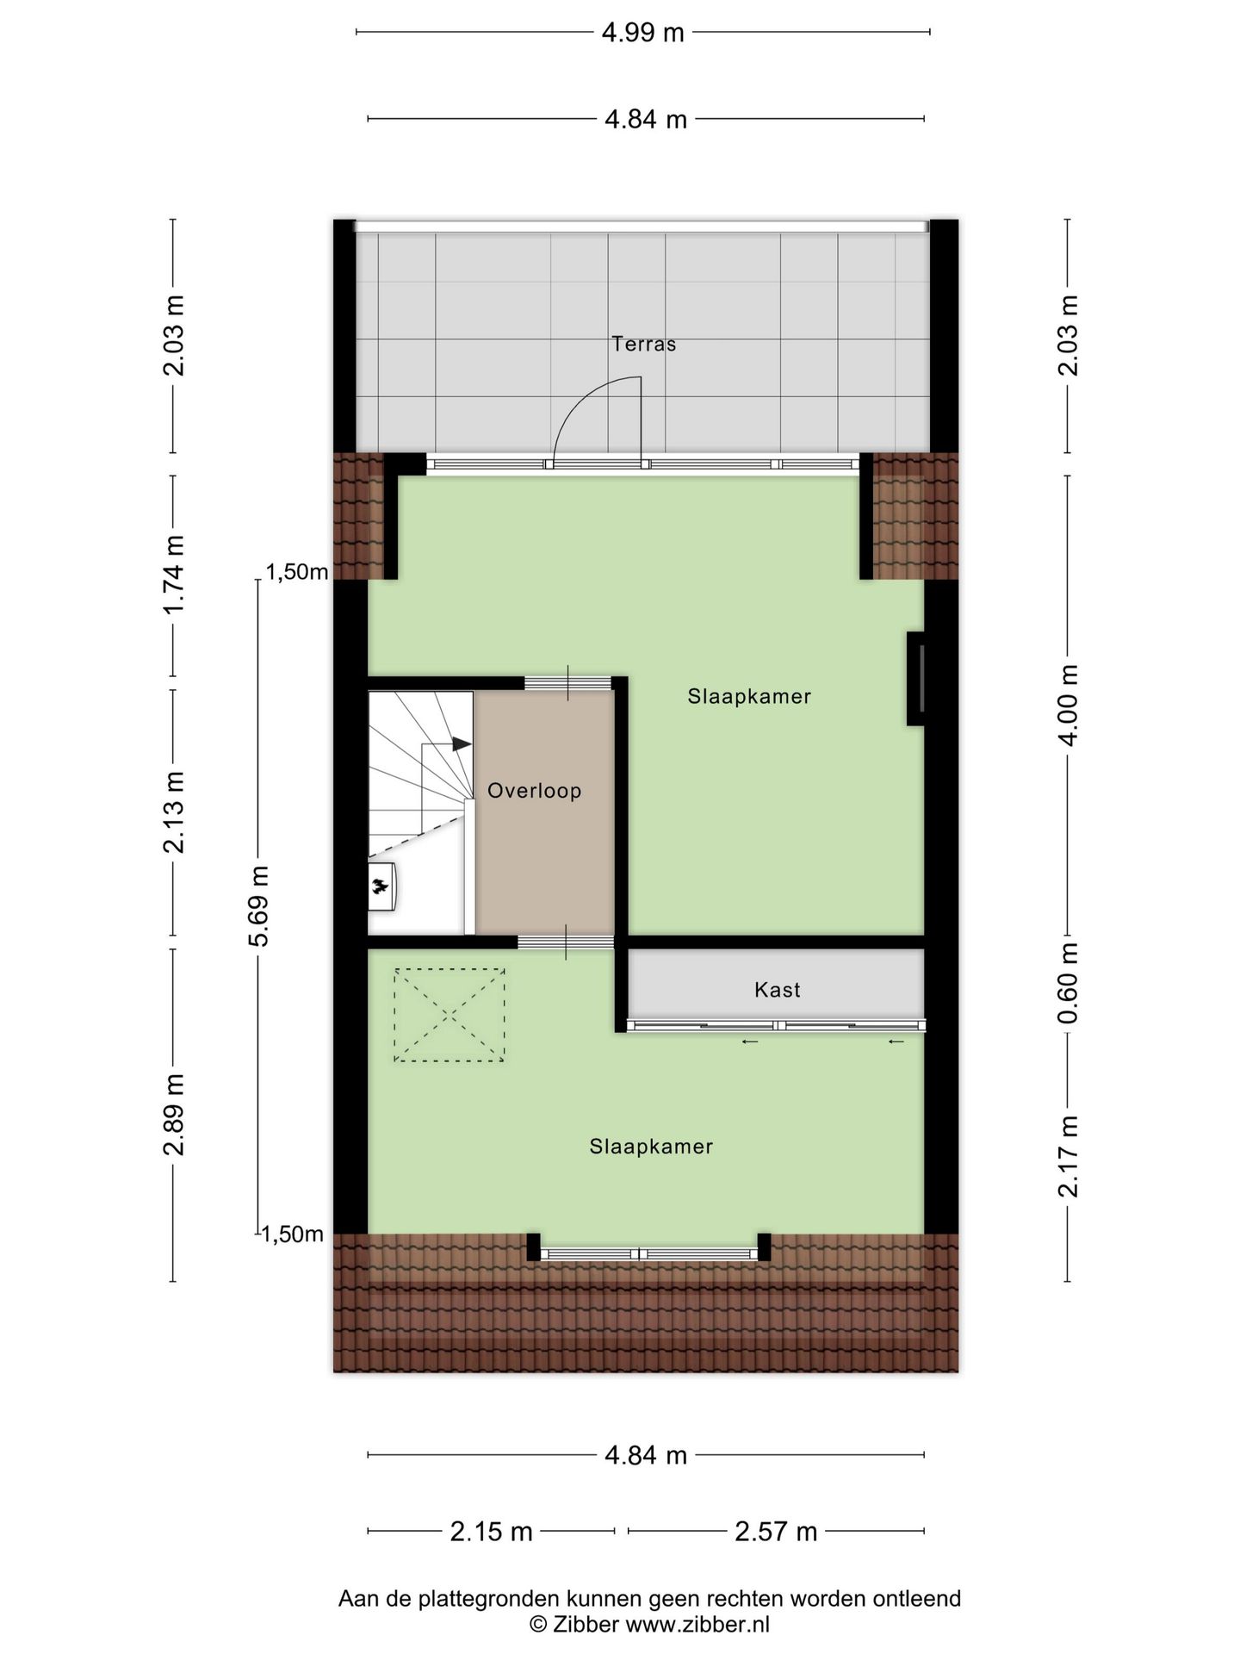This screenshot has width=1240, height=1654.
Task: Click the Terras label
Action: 643,344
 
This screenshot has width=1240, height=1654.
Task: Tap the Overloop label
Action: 534,790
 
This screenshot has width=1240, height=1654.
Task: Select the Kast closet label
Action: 777,990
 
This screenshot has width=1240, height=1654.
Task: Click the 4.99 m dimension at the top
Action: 642,33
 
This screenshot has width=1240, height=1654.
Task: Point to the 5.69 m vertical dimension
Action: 258,905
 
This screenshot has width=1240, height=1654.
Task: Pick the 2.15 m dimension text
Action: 491,1531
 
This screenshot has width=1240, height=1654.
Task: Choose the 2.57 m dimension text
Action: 775,1531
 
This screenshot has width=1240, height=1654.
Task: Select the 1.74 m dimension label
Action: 174,575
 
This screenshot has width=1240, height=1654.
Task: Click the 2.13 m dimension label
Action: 174,811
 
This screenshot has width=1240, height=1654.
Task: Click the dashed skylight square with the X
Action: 449,1015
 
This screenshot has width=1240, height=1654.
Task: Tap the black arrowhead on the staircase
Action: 462,743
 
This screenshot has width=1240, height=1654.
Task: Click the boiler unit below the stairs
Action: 381,885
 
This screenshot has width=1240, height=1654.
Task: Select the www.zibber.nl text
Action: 697,1624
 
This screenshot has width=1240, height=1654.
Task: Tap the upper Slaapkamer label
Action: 748,696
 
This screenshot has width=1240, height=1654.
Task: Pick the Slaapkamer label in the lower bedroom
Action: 650,1146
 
